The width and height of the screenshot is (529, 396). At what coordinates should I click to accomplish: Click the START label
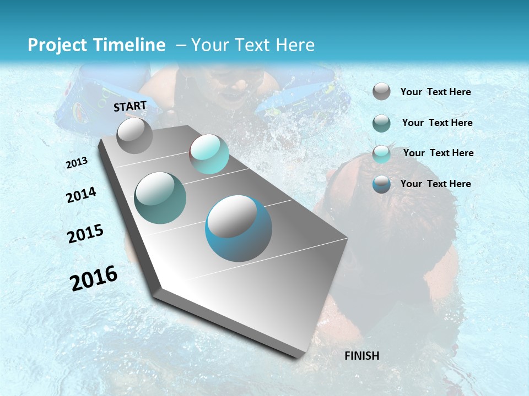point(130,106)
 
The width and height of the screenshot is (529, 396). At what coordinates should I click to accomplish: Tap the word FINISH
point(361,356)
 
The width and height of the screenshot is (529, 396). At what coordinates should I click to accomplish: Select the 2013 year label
point(77,163)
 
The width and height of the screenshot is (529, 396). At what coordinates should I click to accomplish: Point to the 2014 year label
point(81,195)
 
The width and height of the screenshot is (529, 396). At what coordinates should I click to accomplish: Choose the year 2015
point(85,234)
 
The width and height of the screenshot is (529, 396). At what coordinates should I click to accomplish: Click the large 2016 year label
point(94,278)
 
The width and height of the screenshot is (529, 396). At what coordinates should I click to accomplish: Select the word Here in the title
point(295,45)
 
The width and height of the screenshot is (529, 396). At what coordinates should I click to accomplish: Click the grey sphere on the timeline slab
point(134,135)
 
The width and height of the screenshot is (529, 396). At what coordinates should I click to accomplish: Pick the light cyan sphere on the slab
point(209,154)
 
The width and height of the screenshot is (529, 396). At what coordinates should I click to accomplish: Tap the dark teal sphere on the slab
point(160,198)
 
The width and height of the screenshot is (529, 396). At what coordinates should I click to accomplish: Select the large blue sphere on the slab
point(239,228)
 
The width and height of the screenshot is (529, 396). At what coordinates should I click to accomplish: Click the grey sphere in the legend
point(381,91)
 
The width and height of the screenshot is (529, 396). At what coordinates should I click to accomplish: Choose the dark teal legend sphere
point(381,123)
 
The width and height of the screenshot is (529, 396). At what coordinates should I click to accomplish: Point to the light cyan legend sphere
point(381,154)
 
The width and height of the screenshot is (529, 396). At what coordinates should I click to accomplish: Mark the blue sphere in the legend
point(381,184)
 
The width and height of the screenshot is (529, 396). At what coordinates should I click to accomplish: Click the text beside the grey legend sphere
point(435,92)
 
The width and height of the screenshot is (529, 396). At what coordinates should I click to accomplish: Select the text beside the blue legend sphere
point(435,184)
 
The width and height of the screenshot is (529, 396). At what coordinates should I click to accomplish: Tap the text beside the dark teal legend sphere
point(437,123)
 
